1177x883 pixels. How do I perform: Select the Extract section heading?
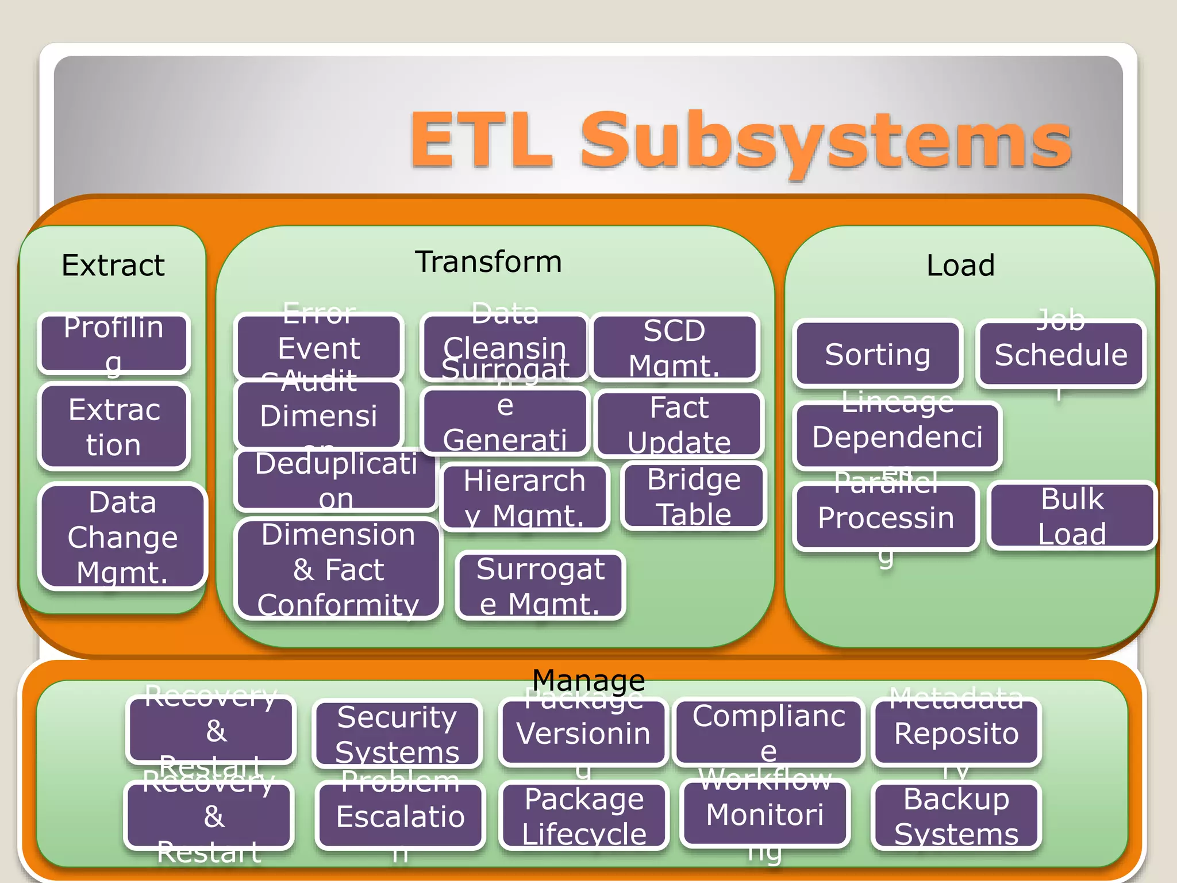pyautogui.click(x=113, y=266)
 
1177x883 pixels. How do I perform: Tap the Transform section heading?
pyautogui.click(x=489, y=262)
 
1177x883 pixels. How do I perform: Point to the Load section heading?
pyautogui.click(x=960, y=266)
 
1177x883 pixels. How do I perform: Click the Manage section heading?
pyautogui.click(x=588, y=681)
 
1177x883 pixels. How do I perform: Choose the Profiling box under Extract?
pyautogui.click(x=114, y=343)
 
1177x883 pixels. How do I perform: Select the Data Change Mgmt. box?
pyautogui.click(x=122, y=537)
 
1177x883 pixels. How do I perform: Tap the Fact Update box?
pyautogui.click(x=679, y=424)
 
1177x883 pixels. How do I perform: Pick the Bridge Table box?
pyautogui.click(x=694, y=496)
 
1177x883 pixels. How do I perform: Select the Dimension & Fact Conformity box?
pyautogui.click(x=338, y=569)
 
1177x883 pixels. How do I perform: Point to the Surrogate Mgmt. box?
pyautogui.click(x=540, y=586)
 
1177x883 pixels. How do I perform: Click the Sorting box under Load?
pyautogui.click(x=878, y=354)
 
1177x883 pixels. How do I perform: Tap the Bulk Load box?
pyautogui.click(x=1072, y=516)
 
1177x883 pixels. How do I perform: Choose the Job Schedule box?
pyautogui.click(x=1061, y=354)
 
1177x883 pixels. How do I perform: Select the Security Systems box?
pyautogui.click(x=397, y=734)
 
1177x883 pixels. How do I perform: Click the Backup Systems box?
pyautogui.click(x=956, y=816)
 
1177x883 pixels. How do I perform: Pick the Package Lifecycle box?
pyautogui.click(x=584, y=816)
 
